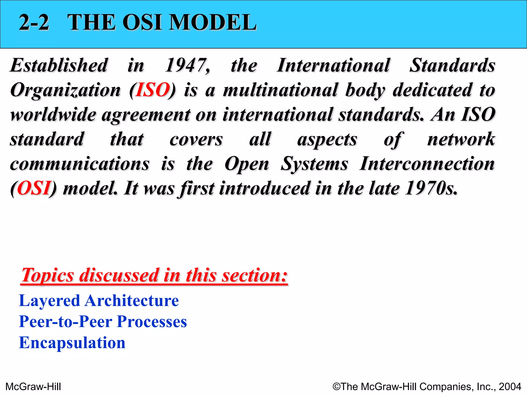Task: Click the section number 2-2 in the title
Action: [x=34, y=23]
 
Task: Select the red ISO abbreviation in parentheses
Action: [x=153, y=90]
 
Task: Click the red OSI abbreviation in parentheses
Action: [x=34, y=188]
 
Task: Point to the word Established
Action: [x=59, y=65]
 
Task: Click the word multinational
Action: [x=280, y=90]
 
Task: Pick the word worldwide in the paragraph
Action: [x=53, y=115]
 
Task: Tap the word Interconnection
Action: [x=427, y=164]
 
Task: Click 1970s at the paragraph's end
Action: [x=431, y=188]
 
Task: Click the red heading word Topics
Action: [x=48, y=275]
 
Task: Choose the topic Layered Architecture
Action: [x=99, y=301]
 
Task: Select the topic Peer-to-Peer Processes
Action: [x=103, y=322]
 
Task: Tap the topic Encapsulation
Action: [x=72, y=343]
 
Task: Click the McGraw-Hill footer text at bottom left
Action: [x=33, y=387]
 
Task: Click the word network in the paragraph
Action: [x=461, y=139]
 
